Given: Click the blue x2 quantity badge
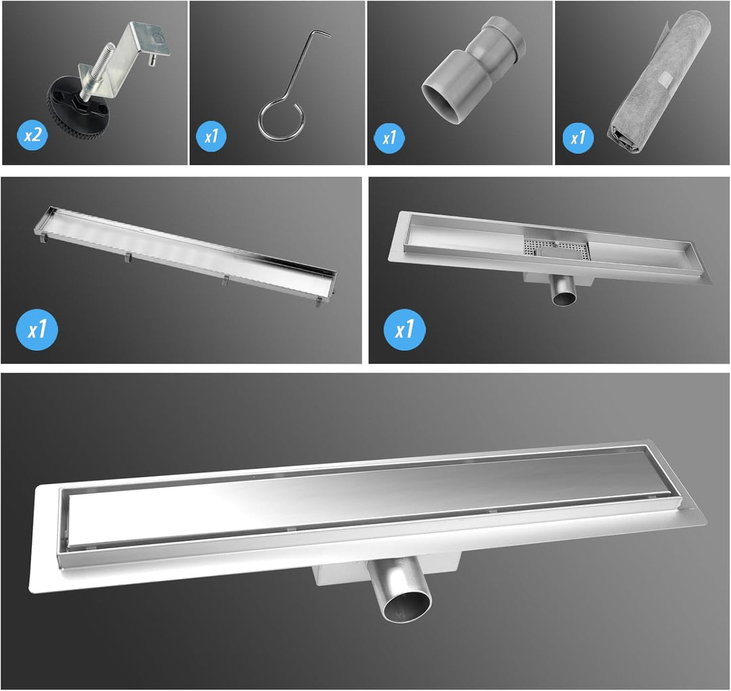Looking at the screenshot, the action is pyautogui.click(x=32, y=135).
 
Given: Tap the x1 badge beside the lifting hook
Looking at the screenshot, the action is pyautogui.click(x=211, y=137).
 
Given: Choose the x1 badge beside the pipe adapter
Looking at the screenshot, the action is pyautogui.click(x=389, y=138).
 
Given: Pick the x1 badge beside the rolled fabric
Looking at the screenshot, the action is pyautogui.click(x=578, y=137).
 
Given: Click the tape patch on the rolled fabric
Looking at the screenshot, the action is pyautogui.click(x=665, y=79).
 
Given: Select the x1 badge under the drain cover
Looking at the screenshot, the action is pyautogui.click(x=37, y=330).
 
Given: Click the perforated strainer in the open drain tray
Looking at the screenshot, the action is pyautogui.click(x=557, y=246).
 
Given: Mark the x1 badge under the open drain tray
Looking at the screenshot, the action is pyautogui.click(x=404, y=330).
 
